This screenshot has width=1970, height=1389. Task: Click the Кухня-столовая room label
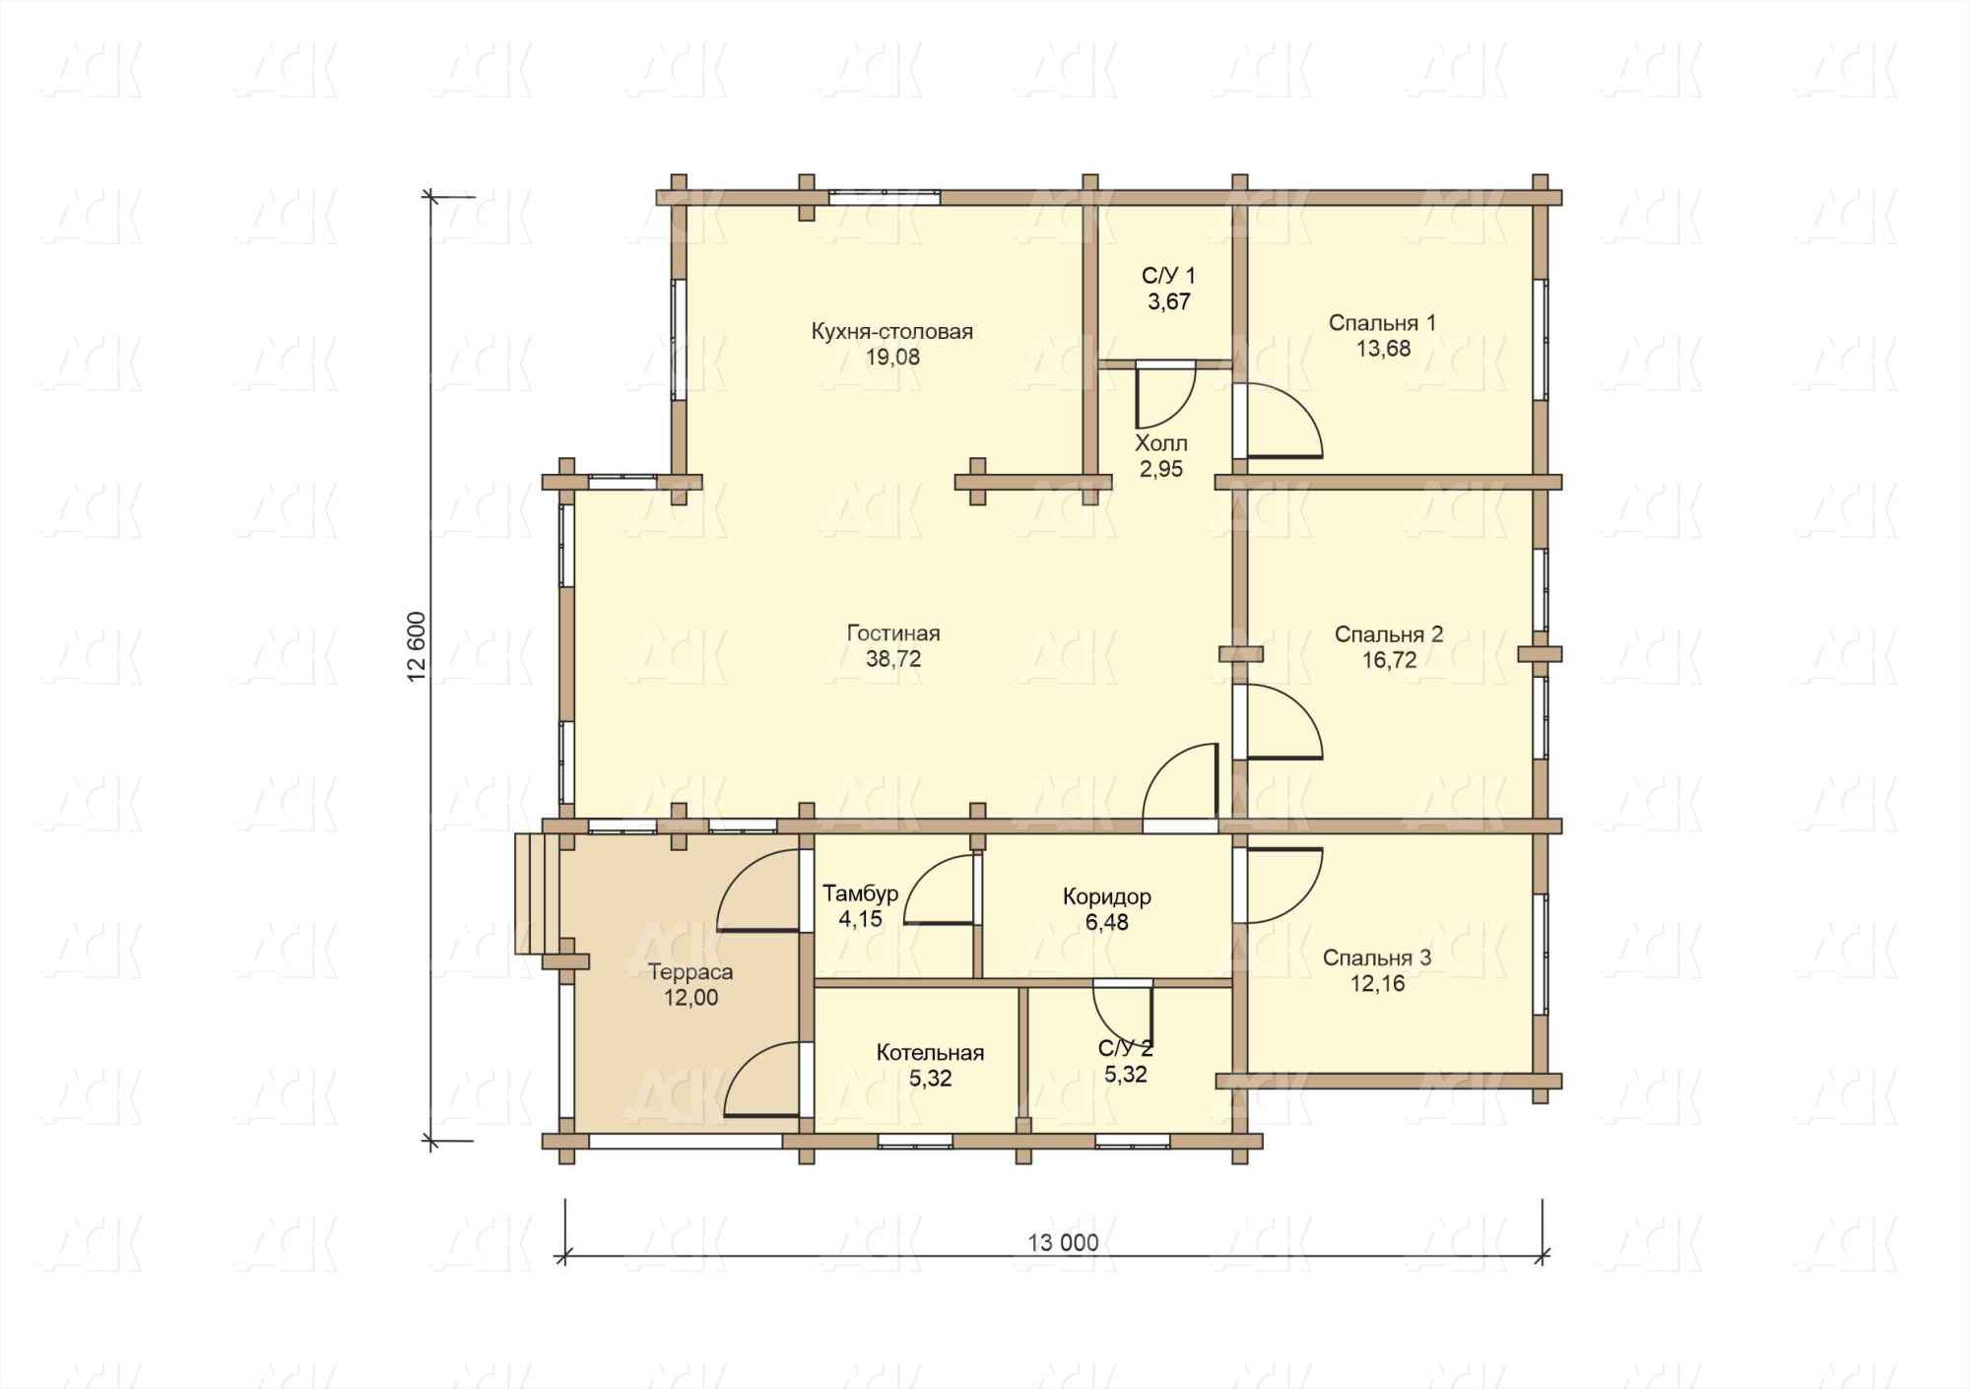tap(892, 331)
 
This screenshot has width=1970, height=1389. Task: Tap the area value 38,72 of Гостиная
tap(893, 659)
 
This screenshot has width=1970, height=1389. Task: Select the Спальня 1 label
tap(1382, 323)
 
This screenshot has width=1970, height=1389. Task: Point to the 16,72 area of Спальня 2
tap(1389, 660)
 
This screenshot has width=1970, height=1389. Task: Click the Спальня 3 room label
tap(1377, 958)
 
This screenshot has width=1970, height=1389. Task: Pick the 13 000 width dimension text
tap(1063, 1242)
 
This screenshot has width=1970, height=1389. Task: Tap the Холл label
tap(1161, 443)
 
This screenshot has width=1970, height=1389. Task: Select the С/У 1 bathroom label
tap(1168, 276)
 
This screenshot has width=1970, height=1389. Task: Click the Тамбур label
tap(860, 893)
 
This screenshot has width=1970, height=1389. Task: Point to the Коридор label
tap(1107, 896)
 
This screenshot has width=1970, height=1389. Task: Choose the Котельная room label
tap(930, 1053)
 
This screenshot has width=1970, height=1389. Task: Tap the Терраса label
tap(690, 972)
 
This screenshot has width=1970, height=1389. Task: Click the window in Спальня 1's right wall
tap(1541, 339)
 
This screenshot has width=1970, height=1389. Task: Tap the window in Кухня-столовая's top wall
tap(884, 197)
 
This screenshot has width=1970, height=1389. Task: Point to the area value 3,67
tap(1169, 302)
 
